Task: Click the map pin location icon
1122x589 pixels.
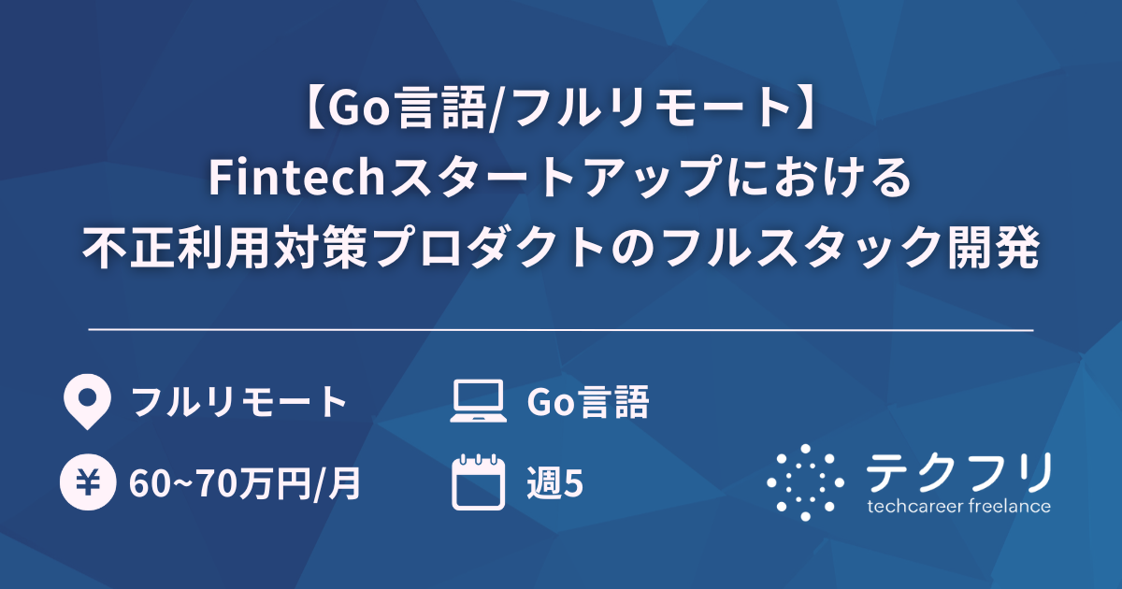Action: [86, 402]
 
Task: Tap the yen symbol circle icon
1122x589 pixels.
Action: [86, 483]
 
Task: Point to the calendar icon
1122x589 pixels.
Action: [477, 482]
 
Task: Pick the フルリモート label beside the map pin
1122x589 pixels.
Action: [239, 403]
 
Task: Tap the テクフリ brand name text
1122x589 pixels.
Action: [957, 472]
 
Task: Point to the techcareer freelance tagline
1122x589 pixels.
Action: [958, 507]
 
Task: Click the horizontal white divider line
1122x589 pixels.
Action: [561, 330]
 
